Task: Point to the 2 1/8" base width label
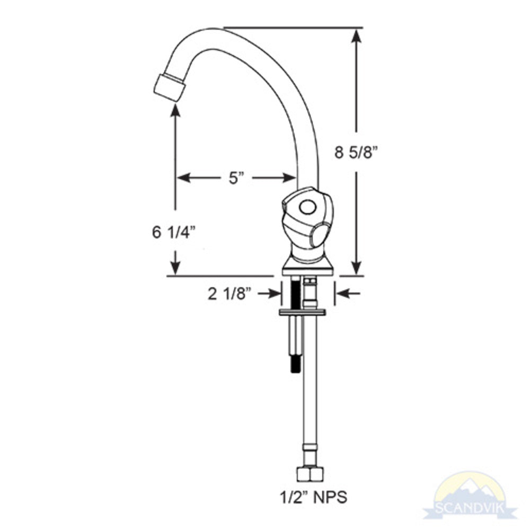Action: [228, 294]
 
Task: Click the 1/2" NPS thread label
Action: [314, 498]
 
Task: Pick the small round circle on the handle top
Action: [306, 207]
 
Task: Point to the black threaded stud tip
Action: [295, 365]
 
